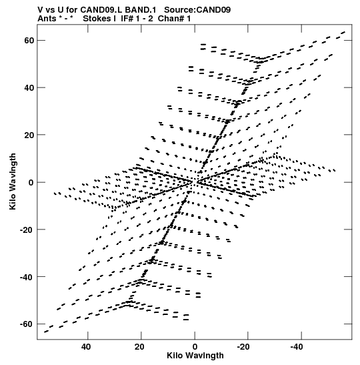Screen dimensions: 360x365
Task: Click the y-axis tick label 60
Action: point(29,41)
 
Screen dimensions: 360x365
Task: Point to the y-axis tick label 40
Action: point(29,88)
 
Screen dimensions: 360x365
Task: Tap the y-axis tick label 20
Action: point(29,135)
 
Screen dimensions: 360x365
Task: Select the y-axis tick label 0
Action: point(31,183)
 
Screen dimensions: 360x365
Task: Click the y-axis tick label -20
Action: point(27,230)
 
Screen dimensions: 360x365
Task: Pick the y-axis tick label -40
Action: point(27,277)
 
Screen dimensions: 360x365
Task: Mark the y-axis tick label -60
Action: point(27,324)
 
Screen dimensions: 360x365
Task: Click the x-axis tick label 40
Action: point(86,347)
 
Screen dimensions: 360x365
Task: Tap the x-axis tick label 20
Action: point(139,347)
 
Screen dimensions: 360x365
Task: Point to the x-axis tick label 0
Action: point(195,347)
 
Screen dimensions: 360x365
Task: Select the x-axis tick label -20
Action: point(243,347)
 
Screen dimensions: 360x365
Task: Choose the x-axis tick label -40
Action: point(297,347)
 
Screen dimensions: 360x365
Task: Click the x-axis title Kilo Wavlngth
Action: point(195,356)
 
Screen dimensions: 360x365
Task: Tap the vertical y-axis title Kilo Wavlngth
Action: point(13,181)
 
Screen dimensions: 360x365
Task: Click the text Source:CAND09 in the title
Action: point(197,10)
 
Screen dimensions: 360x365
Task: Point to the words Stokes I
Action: point(99,19)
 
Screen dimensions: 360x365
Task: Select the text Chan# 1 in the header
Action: point(174,19)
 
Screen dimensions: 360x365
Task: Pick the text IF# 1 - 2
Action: point(137,19)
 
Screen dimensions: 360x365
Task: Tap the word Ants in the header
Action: point(47,19)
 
